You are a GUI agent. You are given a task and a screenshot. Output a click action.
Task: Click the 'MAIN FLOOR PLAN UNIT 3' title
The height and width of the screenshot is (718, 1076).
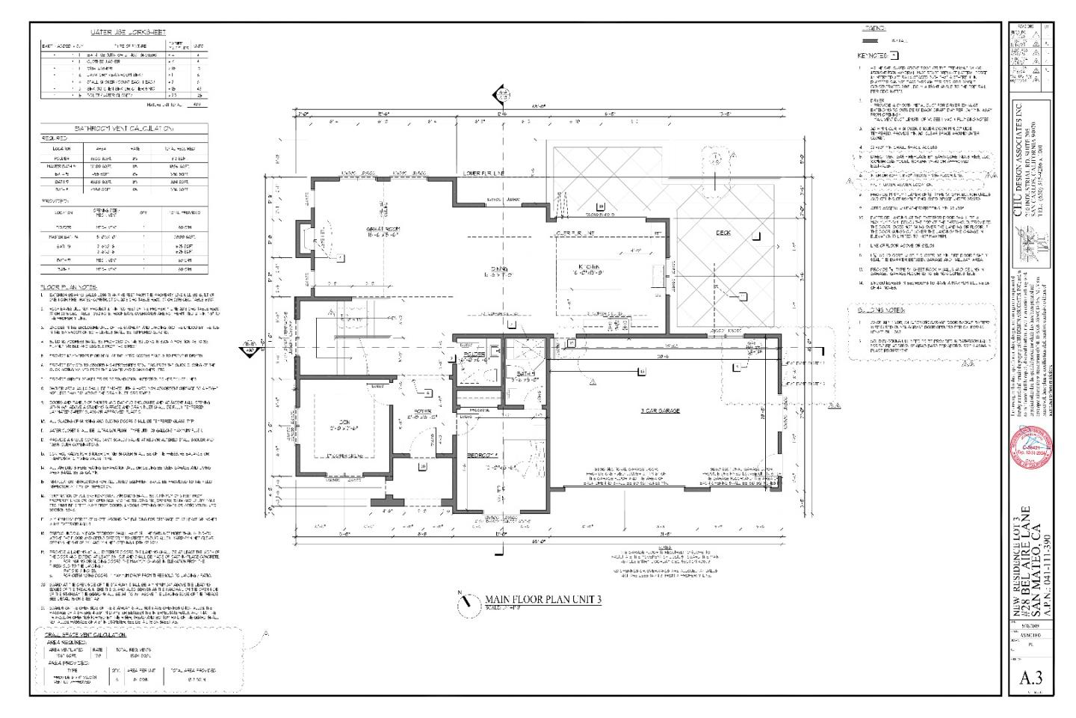pyautogui.click(x=543, y=599)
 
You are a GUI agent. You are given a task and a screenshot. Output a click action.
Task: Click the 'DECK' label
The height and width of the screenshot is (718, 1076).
pyautogui.click(x=723, y=233)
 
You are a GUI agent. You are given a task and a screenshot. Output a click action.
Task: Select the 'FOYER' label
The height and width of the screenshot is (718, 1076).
pyautogui.click(x=417, y=411)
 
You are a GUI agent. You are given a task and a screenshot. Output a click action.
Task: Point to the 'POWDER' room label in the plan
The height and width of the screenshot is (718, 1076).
pyautogui.click(x=474, y=354)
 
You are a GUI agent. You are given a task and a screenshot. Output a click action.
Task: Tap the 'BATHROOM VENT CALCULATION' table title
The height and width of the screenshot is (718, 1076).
pyautogui.click(x=125, y=129)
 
